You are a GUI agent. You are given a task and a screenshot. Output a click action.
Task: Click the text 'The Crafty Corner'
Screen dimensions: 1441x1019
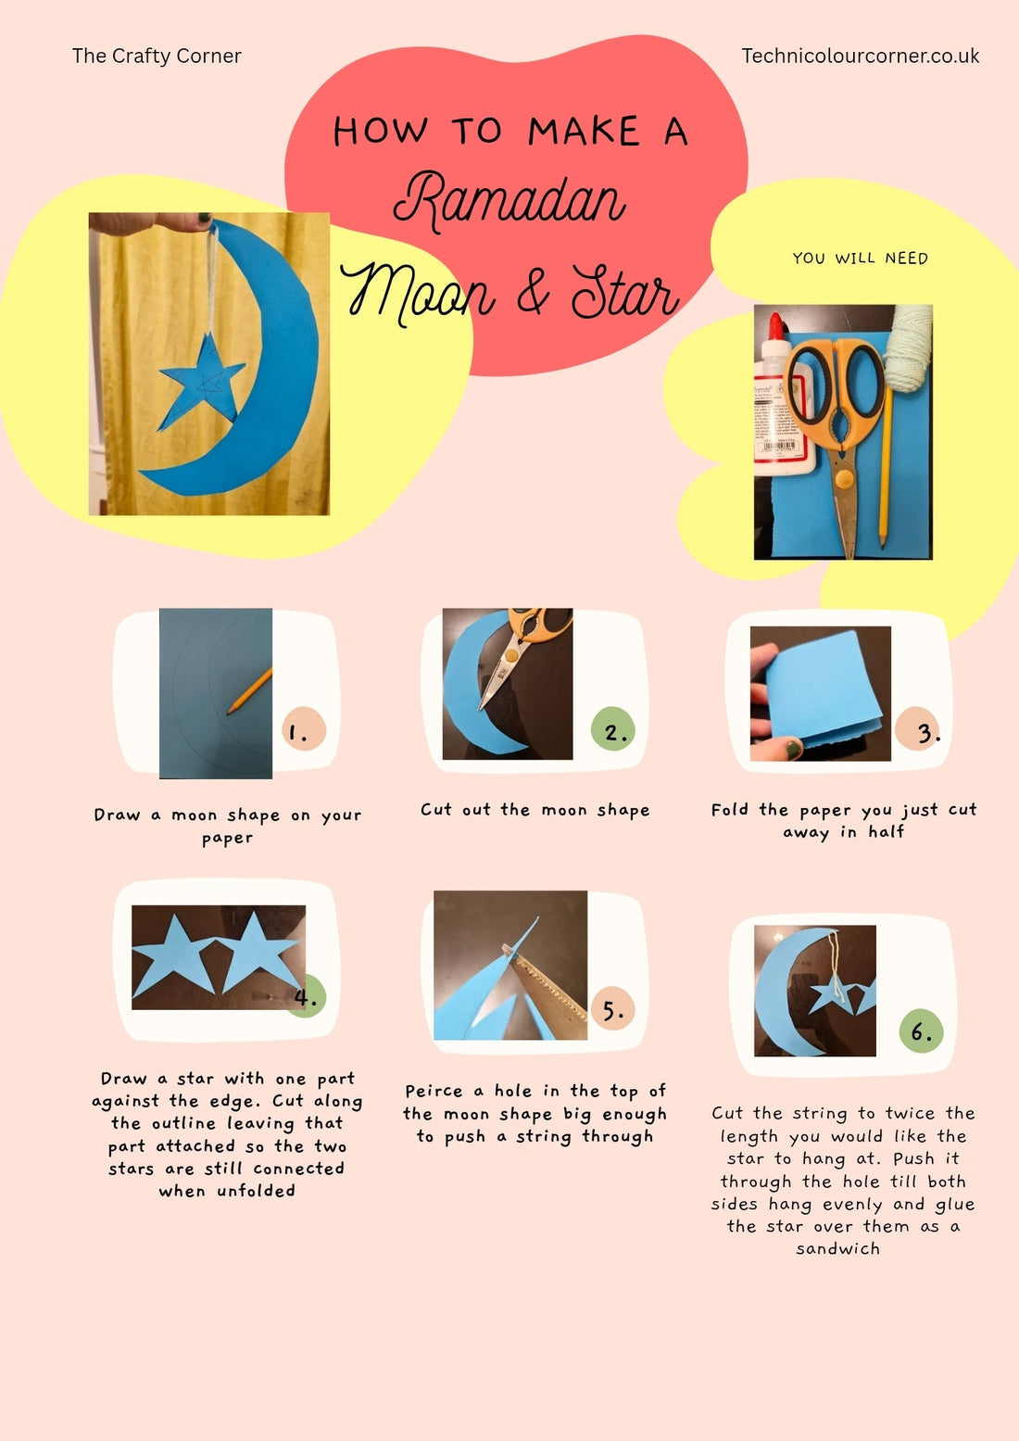coord(157,56)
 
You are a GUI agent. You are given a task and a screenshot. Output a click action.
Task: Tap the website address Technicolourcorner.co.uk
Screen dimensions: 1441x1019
coord(860,56)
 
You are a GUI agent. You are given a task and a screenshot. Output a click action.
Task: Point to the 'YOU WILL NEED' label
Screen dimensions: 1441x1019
coord(860,259)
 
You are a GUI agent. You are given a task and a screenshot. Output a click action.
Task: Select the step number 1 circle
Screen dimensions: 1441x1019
coord(303,729)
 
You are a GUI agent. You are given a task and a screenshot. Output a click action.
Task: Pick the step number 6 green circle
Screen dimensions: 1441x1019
coord(921,1030)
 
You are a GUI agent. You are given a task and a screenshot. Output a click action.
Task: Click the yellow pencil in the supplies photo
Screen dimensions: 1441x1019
coord(885,463)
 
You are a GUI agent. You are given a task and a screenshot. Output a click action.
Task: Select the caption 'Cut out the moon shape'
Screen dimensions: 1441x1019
coord(535,810)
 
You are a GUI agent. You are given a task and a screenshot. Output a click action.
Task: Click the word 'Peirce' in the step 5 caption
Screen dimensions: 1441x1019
coord(434,1092)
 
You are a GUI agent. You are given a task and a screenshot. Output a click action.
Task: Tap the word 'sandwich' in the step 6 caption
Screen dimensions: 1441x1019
coord(837,1248)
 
